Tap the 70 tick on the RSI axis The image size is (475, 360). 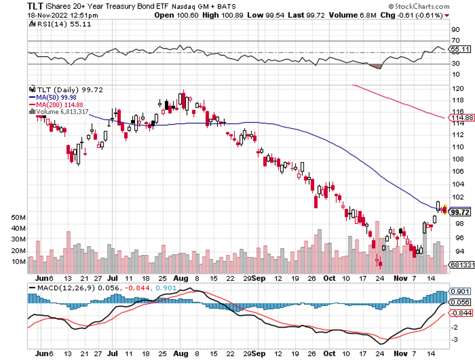pos(455,41)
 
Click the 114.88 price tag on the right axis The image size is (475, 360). pos(462,118)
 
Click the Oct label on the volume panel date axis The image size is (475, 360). pos(330,278)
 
